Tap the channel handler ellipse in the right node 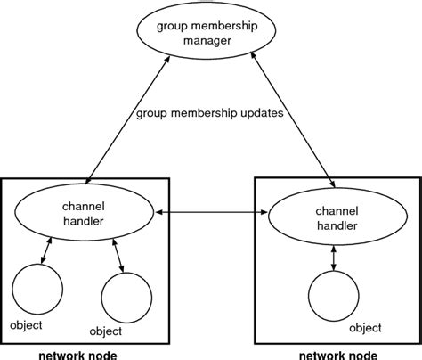click(x=325, y=218)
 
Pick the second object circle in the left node click(x=126, y=296)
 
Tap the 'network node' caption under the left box click(x=77, y=354)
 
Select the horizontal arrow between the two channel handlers click(x=207, y=213)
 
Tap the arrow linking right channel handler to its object click(x=333, y=257)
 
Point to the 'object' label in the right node click(x=365, y=328)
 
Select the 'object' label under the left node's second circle click(x=106, y=331)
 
